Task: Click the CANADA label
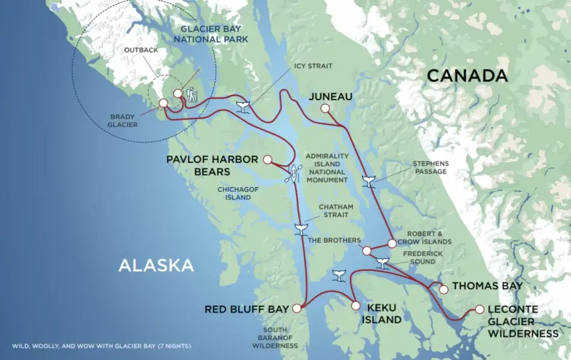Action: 467,76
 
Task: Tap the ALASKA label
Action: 156,265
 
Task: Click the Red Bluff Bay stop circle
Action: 297,308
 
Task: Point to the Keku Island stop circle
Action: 355,305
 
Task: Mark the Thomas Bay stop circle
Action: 443,289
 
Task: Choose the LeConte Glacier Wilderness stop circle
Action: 480,309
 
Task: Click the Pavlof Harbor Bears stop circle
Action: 267,159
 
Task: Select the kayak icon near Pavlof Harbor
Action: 293,173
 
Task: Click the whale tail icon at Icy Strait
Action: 243,107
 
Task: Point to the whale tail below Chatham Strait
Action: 301,228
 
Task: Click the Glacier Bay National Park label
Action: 211,34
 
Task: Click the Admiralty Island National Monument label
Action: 327,168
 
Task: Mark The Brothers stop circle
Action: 366,251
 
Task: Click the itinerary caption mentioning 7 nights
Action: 101,346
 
